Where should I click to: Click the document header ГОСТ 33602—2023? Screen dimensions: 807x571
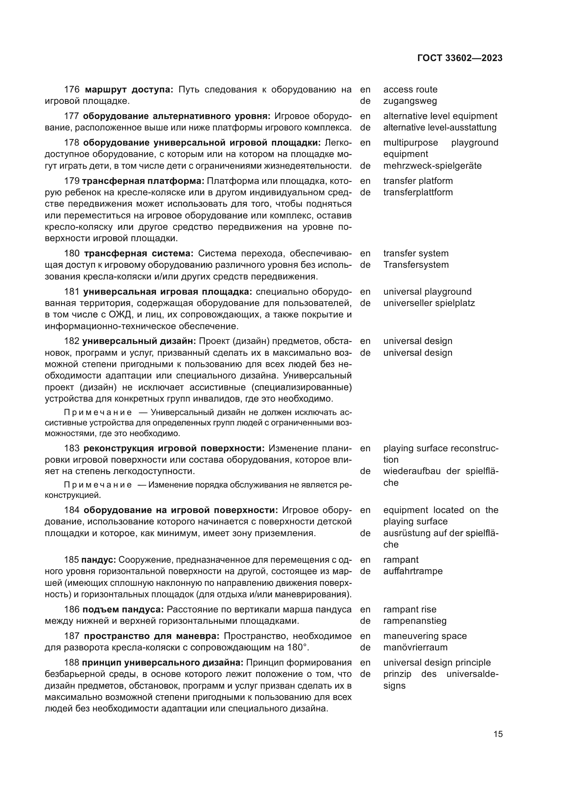click(459, 58)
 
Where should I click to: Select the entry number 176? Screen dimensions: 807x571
click(72, 90)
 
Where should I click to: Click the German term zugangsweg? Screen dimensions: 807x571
click(410, 101)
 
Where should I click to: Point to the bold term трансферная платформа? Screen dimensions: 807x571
click(143, 181)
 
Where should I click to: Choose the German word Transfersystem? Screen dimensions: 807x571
click(416, 265)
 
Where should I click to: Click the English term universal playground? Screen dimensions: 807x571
click(427, 292)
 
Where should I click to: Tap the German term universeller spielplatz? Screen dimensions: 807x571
click(429, 303)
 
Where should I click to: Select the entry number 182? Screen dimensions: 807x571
click(72, 341)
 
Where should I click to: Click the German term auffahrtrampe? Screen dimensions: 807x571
click(413, 571)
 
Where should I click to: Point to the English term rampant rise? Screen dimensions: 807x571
click(410, 609)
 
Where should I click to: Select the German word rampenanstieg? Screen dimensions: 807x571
click(415, 621)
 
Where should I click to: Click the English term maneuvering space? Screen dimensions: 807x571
click(425, 636)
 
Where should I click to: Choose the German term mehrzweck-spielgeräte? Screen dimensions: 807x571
click(432, 166)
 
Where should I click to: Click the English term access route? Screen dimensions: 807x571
click(410, 90)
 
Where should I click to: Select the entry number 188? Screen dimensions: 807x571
click(72, 662)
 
